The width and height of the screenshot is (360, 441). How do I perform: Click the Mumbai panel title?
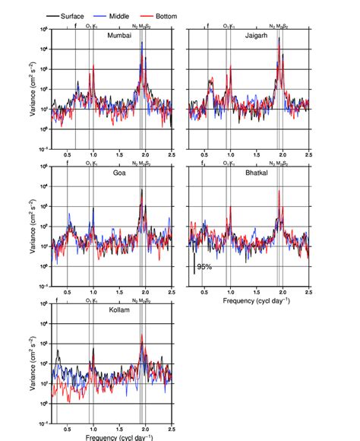119,36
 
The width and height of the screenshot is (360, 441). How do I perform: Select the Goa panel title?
119,173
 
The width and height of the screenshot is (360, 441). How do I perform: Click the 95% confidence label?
204,267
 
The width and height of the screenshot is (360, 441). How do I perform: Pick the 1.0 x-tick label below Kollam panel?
93,429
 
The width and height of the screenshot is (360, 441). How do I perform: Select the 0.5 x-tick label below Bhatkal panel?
204,292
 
